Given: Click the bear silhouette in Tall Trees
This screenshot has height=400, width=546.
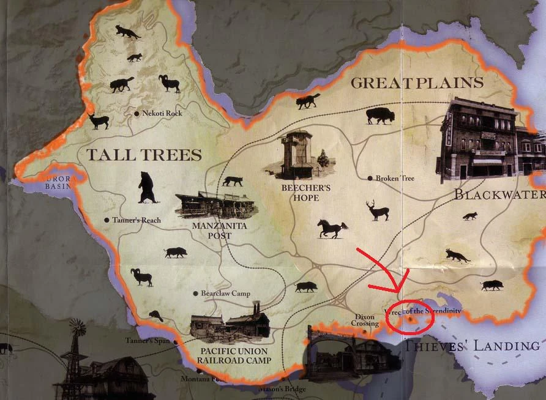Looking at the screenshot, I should [147, 187].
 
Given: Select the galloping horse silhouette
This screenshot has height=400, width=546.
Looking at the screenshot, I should [332, 229].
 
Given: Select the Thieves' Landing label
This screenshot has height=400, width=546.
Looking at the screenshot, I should [471, 345].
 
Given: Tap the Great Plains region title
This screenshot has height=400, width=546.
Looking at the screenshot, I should [417, 83].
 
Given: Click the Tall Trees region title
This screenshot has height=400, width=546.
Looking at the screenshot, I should [144, 154].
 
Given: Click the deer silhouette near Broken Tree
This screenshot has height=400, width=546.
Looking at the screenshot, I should [378, 210].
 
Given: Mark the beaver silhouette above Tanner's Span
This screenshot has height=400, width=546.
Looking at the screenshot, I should [157, 316].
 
